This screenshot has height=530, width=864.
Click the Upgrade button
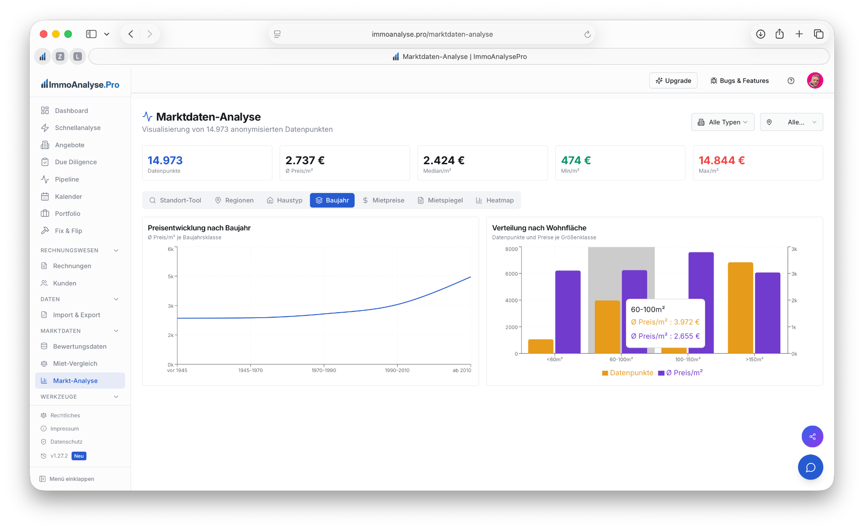tap(673, 81)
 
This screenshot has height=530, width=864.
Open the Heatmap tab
tap(495, 200)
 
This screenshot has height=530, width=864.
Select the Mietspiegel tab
tap(440, 200)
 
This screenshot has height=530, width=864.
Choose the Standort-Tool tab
tap(175, 200)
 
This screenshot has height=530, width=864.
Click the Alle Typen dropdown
tap(723, 122)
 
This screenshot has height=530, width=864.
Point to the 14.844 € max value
tap(722, 160)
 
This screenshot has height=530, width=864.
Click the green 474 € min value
tap(576, 160)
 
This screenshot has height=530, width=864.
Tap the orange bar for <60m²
tap(541, 346)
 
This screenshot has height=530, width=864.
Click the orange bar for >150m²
tap(741, 308)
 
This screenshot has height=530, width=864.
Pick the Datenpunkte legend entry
tap(628, 373)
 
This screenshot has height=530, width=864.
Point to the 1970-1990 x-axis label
tap(324, 370)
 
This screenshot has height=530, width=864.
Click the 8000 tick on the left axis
tap(512, 249)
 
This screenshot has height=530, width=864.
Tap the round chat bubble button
tap(810, 467)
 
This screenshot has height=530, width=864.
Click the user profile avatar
tap(815, 81)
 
